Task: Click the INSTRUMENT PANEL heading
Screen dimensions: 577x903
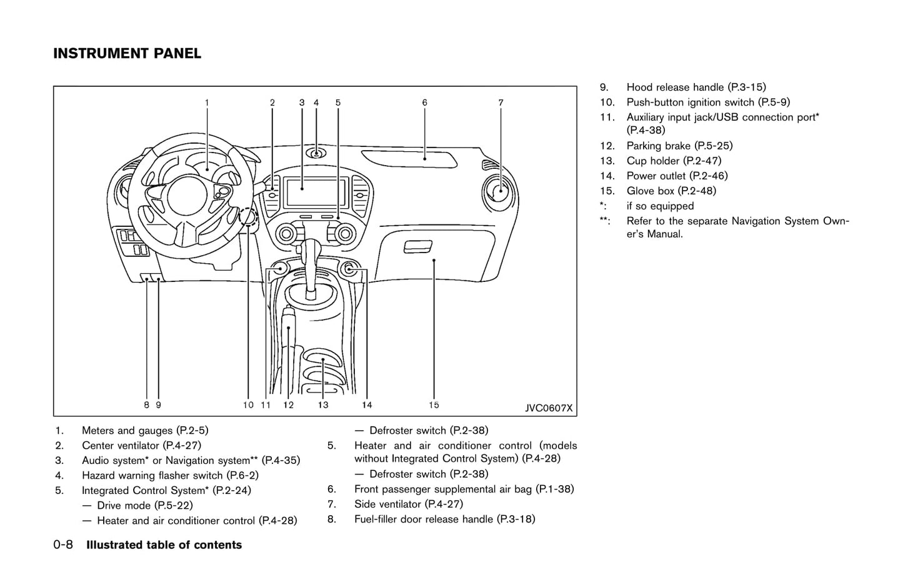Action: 127,54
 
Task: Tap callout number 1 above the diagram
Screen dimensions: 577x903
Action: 207,103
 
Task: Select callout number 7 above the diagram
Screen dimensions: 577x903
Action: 501,103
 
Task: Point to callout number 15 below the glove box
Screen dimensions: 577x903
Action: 434,405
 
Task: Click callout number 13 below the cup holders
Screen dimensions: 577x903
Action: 322,405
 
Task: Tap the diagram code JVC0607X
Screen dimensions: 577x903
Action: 548,408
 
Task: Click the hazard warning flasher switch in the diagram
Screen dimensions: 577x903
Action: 317,154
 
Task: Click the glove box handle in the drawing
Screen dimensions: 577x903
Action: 418,247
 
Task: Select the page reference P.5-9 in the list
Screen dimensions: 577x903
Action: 774,103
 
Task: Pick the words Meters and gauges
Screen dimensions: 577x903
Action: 127,431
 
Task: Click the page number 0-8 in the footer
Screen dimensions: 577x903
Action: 63,545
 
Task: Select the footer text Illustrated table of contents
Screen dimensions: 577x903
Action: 164,545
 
